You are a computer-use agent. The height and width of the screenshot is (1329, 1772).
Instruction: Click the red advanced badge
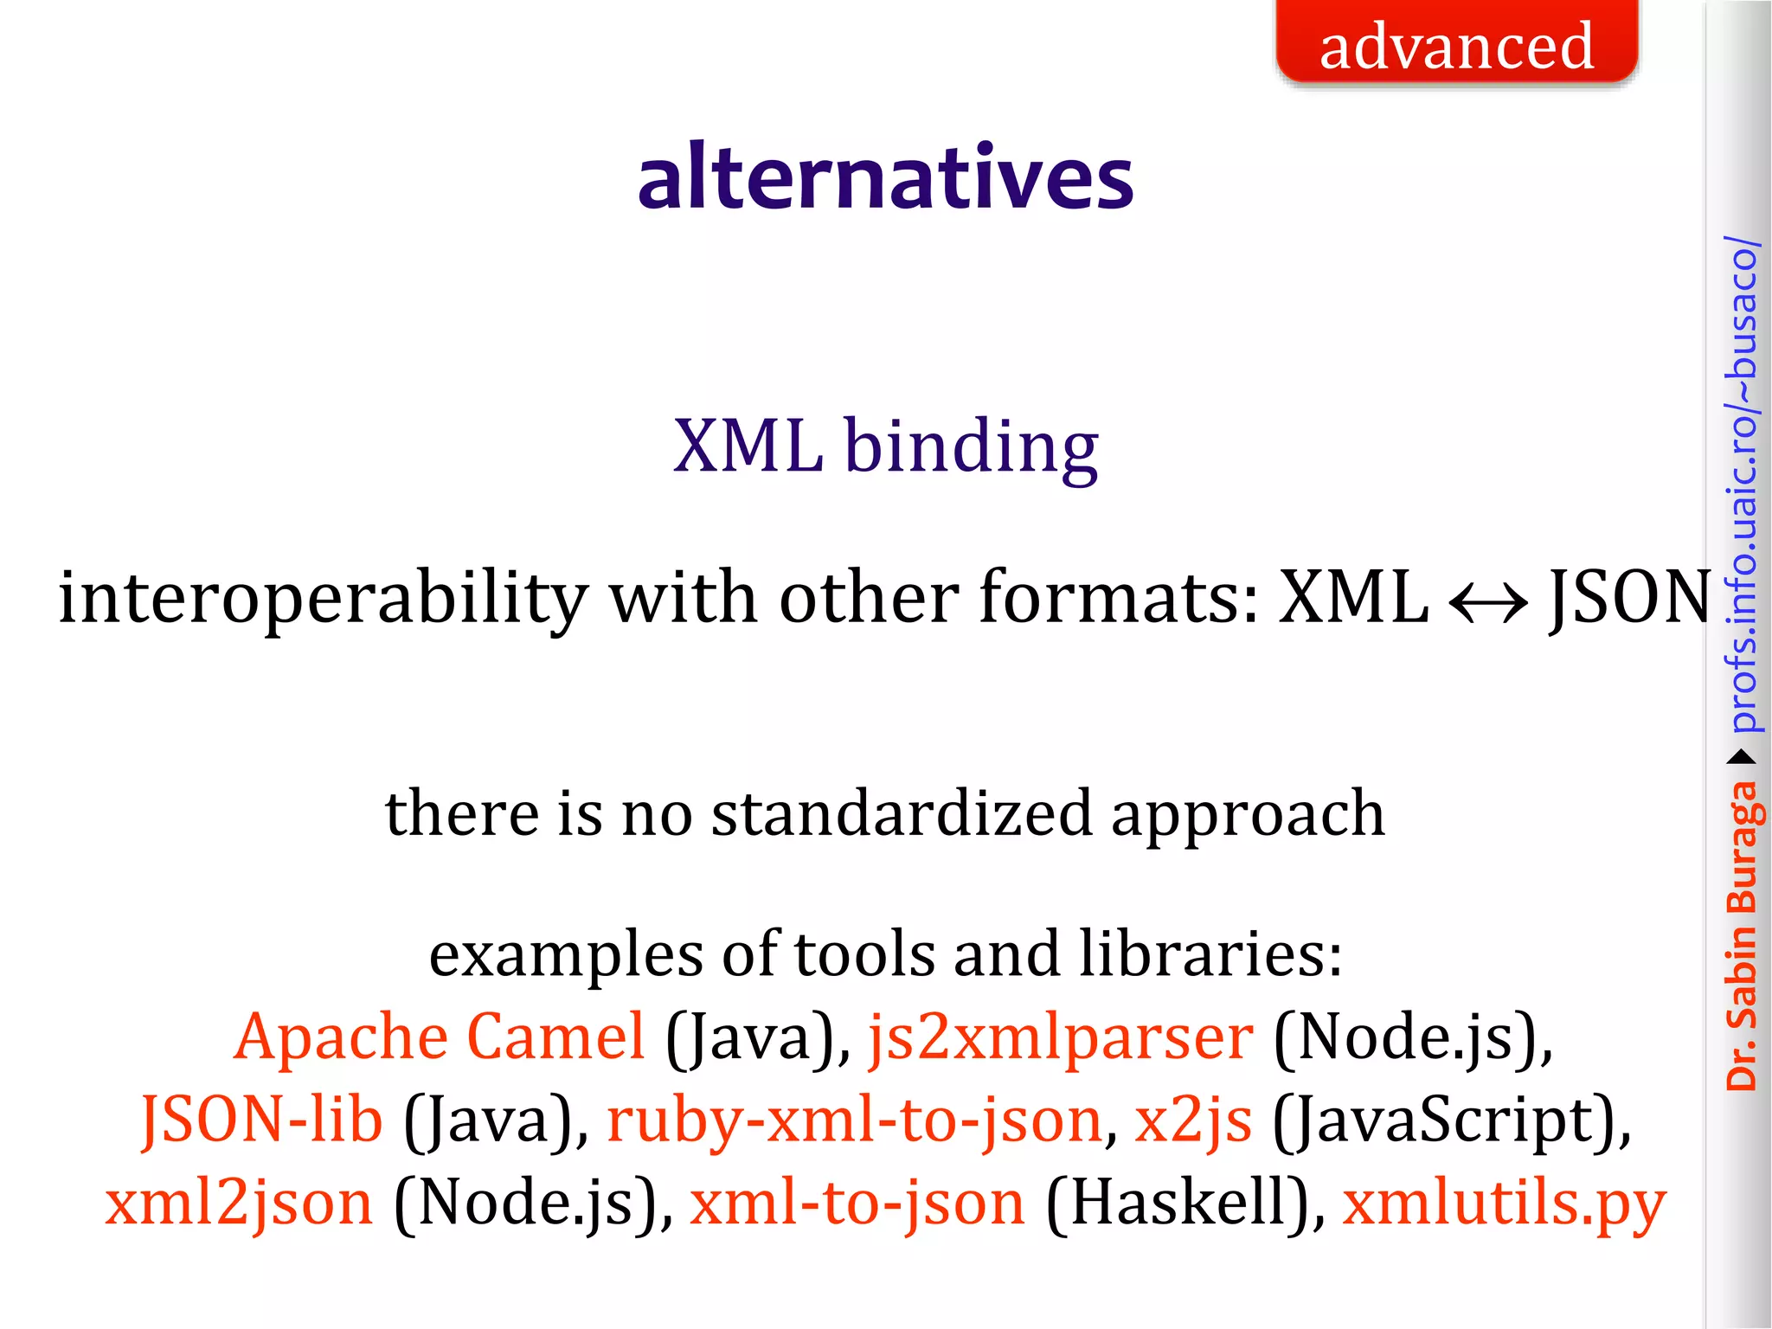[1456, 43]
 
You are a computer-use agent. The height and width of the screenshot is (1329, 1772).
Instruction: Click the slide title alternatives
[885, 177]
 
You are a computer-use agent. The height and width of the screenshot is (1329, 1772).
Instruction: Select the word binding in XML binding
[971, 447]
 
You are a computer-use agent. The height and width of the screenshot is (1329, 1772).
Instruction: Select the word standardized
[902, 814]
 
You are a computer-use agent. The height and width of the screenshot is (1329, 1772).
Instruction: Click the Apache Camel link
[440, 1037]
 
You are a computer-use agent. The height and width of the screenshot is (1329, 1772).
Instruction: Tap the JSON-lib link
[261, 1120]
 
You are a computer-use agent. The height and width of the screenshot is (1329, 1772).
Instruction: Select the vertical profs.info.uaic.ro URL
[1741, 485]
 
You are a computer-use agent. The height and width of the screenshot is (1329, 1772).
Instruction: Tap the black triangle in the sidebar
[1741, 758]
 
